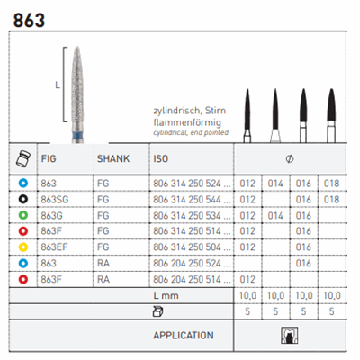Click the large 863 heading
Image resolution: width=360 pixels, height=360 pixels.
pyautogui.click(x=29, y=20)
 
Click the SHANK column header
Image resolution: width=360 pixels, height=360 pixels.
pyautogui.click(x=113, y=158)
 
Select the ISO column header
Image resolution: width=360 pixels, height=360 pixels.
pyautogui.click(x=161, y=158)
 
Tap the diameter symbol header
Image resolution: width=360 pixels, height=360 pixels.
pyautogui.click(x=290, y=158)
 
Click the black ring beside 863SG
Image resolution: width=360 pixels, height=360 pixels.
pyautogui.click(x=23, y=199)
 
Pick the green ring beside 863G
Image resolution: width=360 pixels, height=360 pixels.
pyautogui.click(x=23, y=215)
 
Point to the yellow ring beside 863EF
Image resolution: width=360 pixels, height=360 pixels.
pyautogui.click(x=23, y=247)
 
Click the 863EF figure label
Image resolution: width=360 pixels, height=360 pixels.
pyautogui.click(x=54, y=247)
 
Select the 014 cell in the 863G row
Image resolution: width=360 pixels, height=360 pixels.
pyautogui.click(x=275, y=215)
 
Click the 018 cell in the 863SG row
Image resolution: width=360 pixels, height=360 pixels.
pyautogui.click(x=331, y=200)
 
